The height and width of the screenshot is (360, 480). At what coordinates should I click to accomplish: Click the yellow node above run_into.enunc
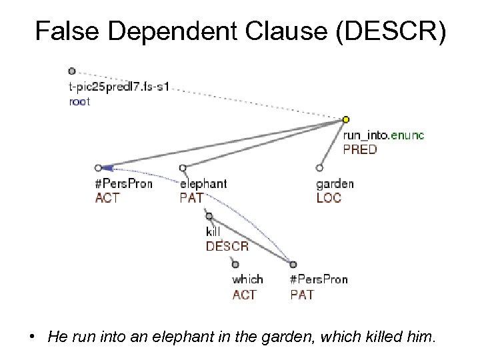coord(345,120)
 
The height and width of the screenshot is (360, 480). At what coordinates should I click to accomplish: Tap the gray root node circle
coord(71,71)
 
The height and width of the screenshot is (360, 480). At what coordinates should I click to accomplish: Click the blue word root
coord(79,102)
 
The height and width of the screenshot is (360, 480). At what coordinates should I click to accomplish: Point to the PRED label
coord(359,149)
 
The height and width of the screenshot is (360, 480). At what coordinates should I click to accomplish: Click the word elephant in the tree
coord(203,183)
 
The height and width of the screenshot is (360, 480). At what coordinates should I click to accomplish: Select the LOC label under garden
coord(328,197)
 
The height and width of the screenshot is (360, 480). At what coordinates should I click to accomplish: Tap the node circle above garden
coord(319,168)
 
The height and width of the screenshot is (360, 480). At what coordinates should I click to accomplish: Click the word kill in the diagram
coord(213,232)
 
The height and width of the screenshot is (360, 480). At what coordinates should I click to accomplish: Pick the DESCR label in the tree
coord(227,246)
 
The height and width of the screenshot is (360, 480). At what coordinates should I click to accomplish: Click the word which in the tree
coord(247,279)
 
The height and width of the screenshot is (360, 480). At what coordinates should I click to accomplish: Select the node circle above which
coord(235,264)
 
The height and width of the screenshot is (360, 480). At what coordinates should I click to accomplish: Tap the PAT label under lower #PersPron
coord(302,294)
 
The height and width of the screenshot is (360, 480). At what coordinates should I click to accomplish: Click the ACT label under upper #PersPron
coord(107,197)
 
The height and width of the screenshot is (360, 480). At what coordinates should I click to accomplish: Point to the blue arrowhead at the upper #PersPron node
coord(107,168)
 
